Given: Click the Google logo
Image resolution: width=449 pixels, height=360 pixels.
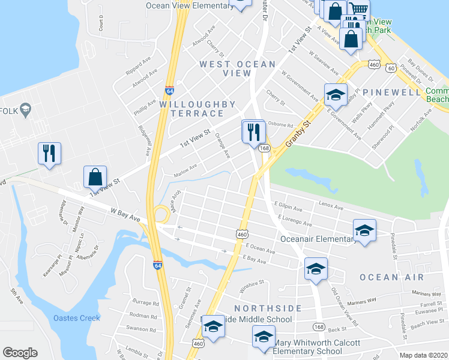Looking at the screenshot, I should click(x=20, y=353).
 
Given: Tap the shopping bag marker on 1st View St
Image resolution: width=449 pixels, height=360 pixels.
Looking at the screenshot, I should click(x=95, y=177).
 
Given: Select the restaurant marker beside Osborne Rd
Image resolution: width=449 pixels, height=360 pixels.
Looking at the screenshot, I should click(x=253, y=131).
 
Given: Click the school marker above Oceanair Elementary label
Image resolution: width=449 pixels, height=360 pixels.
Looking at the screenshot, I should click(x=364, y=230).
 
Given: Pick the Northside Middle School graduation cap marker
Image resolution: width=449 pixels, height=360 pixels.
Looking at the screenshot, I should click(x=212, y=326).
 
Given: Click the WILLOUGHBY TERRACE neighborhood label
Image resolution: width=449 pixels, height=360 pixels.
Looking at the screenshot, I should click(x=198, y=109).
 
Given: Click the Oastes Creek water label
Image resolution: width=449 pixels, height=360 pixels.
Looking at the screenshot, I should click(x=77, y=317).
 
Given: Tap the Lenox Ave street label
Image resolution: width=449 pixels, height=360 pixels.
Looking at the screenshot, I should click(x=331, y=207).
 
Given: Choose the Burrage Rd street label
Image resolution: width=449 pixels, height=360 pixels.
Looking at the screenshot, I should click(x=145, y=303).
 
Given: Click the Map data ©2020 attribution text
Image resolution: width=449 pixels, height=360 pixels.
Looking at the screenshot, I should click(x=423, y=355).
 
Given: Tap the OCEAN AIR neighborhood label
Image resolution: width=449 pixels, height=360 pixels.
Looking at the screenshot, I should click(x=391, y=277).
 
